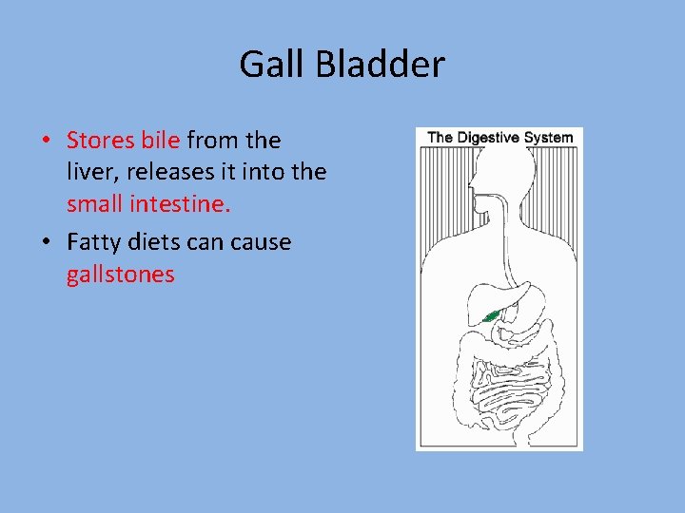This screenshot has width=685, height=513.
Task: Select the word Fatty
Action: coord(92,242)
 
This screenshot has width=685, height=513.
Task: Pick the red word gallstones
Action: coord(121,275)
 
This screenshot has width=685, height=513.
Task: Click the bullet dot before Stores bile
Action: coord(46,142)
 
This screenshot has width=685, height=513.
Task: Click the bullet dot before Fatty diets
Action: coord(46,243)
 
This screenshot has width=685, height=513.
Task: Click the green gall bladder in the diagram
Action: coord(491,316)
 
